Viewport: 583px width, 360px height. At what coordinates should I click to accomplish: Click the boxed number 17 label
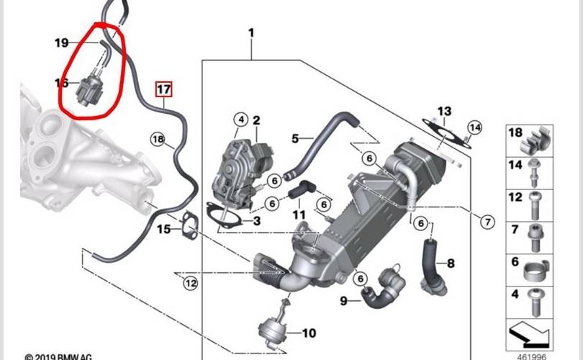coord(164,90)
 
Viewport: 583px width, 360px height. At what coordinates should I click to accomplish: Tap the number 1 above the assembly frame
coord(251,33)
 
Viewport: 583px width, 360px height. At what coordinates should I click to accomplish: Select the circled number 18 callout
coord(158,138)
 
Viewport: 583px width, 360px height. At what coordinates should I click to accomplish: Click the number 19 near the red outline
coord(62,43)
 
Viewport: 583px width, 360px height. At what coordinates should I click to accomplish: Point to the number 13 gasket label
coord(444,112)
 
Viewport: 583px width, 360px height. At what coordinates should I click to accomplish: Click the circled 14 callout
coord(473,128)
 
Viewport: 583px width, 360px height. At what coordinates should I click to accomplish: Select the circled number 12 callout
coord(189,284)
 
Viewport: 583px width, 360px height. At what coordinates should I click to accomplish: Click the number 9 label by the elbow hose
coord(343,300)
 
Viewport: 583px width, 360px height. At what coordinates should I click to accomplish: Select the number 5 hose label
coord(294,138)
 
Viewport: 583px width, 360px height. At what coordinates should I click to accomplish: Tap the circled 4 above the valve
coord(240,119)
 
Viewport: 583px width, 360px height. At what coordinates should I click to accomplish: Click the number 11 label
coord(299,215)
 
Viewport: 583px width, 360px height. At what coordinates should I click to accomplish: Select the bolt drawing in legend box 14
coord(537,168)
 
